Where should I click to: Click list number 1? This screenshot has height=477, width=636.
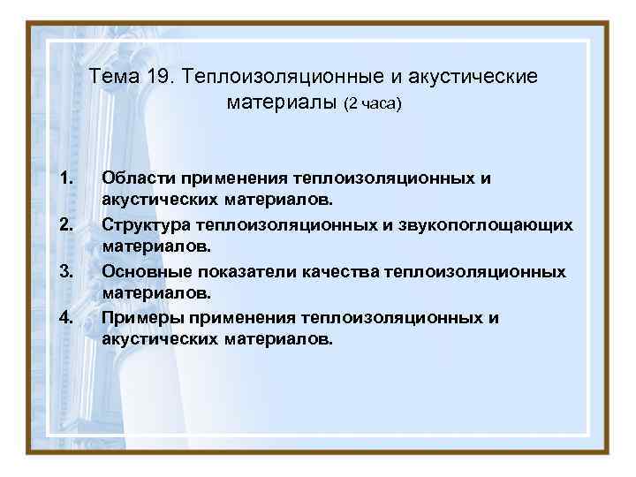tap(64, 178)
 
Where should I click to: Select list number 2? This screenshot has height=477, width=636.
tap(64, 224)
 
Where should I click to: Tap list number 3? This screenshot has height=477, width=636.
tap(64, 270)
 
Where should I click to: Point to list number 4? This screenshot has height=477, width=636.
tap(64, 316)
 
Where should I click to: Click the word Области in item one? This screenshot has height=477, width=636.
tap(137, 178)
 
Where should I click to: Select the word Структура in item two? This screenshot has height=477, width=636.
tap(148, 224)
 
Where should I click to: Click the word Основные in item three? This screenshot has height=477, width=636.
tap(143, 270)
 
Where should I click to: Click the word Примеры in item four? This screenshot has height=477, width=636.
tap(140, 316)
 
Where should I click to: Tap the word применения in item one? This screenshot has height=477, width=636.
tap(231, 178)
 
